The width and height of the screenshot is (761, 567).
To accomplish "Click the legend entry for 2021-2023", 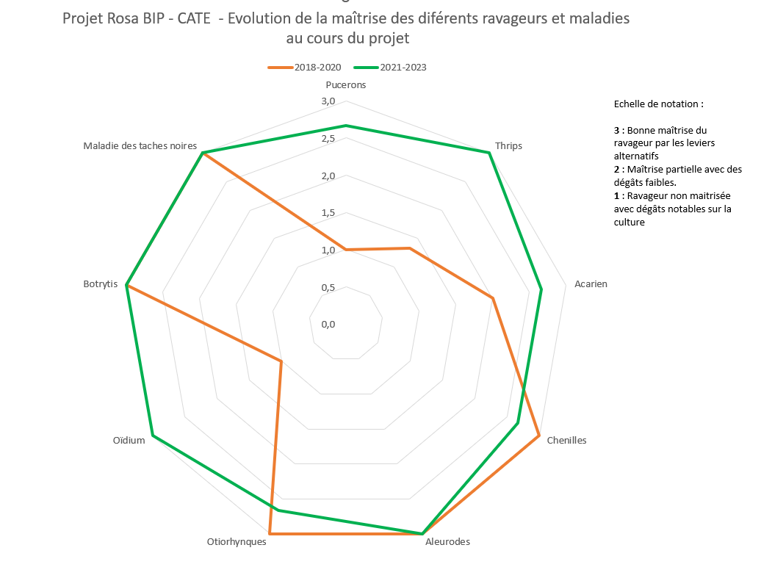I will pos(392,67).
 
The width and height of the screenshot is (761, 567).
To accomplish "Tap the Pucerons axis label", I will pos(345,84).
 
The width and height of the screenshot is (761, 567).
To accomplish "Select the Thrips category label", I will pos(508,145).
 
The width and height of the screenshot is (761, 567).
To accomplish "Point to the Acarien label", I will pos(591,284).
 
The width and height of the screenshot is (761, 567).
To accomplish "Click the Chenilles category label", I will pos(566,441).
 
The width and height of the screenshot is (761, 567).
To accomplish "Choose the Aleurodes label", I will pos(447,542).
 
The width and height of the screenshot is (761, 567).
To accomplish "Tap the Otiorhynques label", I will pos(237,542).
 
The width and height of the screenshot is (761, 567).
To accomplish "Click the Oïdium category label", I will pos(129,441).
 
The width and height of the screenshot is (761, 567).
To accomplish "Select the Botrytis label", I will pos(101,284).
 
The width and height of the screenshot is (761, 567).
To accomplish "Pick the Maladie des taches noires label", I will pos(140,145).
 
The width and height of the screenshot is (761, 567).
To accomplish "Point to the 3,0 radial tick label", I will pos(328,101).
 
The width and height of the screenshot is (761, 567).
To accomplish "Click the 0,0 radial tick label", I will pos(328,324).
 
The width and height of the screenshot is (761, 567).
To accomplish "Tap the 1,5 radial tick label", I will pos(328,213).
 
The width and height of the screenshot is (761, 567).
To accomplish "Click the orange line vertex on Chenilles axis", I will pos(539,438).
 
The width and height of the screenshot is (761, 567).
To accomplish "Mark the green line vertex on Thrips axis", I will pos(488,153).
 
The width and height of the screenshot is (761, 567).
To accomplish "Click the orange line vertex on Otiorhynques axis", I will pos(270,533).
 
